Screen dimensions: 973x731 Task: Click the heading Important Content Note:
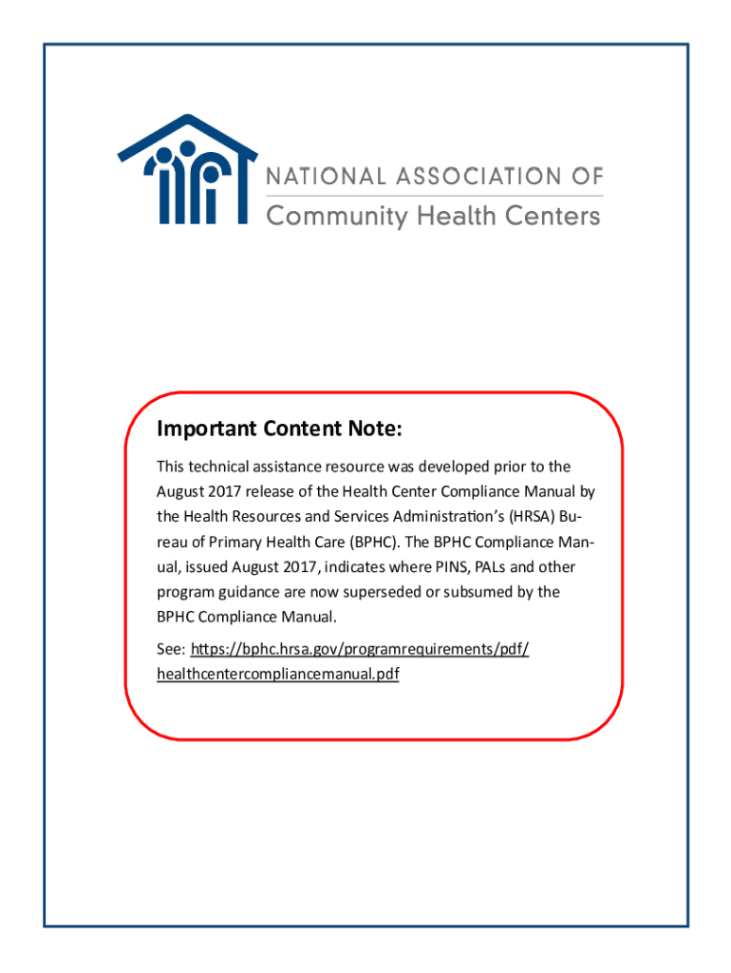click(x=280, y=430)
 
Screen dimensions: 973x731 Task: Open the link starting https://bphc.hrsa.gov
click(x=360, y=650)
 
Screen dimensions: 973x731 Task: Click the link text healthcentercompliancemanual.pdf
click(x=277, y=675)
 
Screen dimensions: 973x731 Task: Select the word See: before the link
click(x=171, y=650)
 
